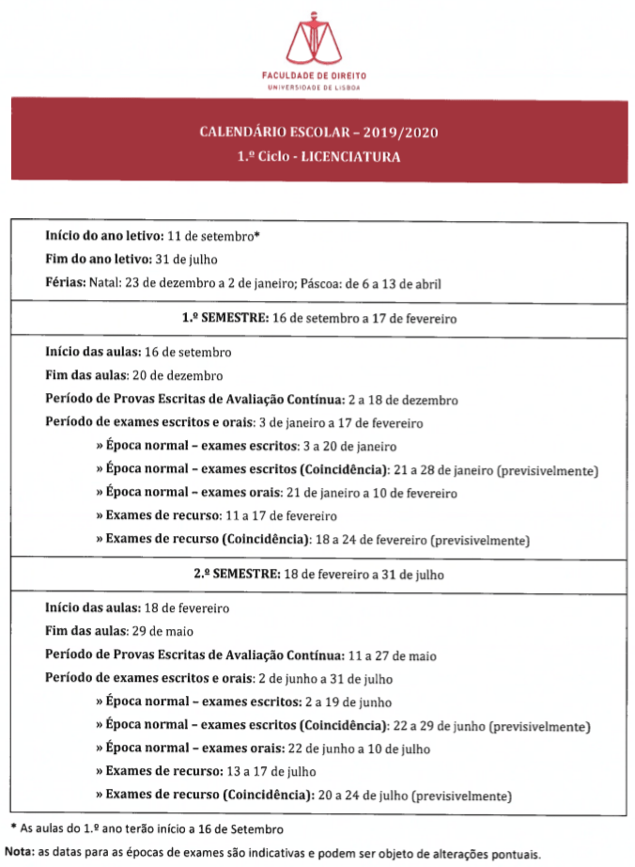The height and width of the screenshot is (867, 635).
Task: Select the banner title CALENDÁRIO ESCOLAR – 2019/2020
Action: click(x=318, y=132)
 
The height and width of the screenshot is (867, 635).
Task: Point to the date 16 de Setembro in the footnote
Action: click(x=246, y=828)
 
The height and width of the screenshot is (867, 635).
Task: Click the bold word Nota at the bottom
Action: click(x=19, y=854)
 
